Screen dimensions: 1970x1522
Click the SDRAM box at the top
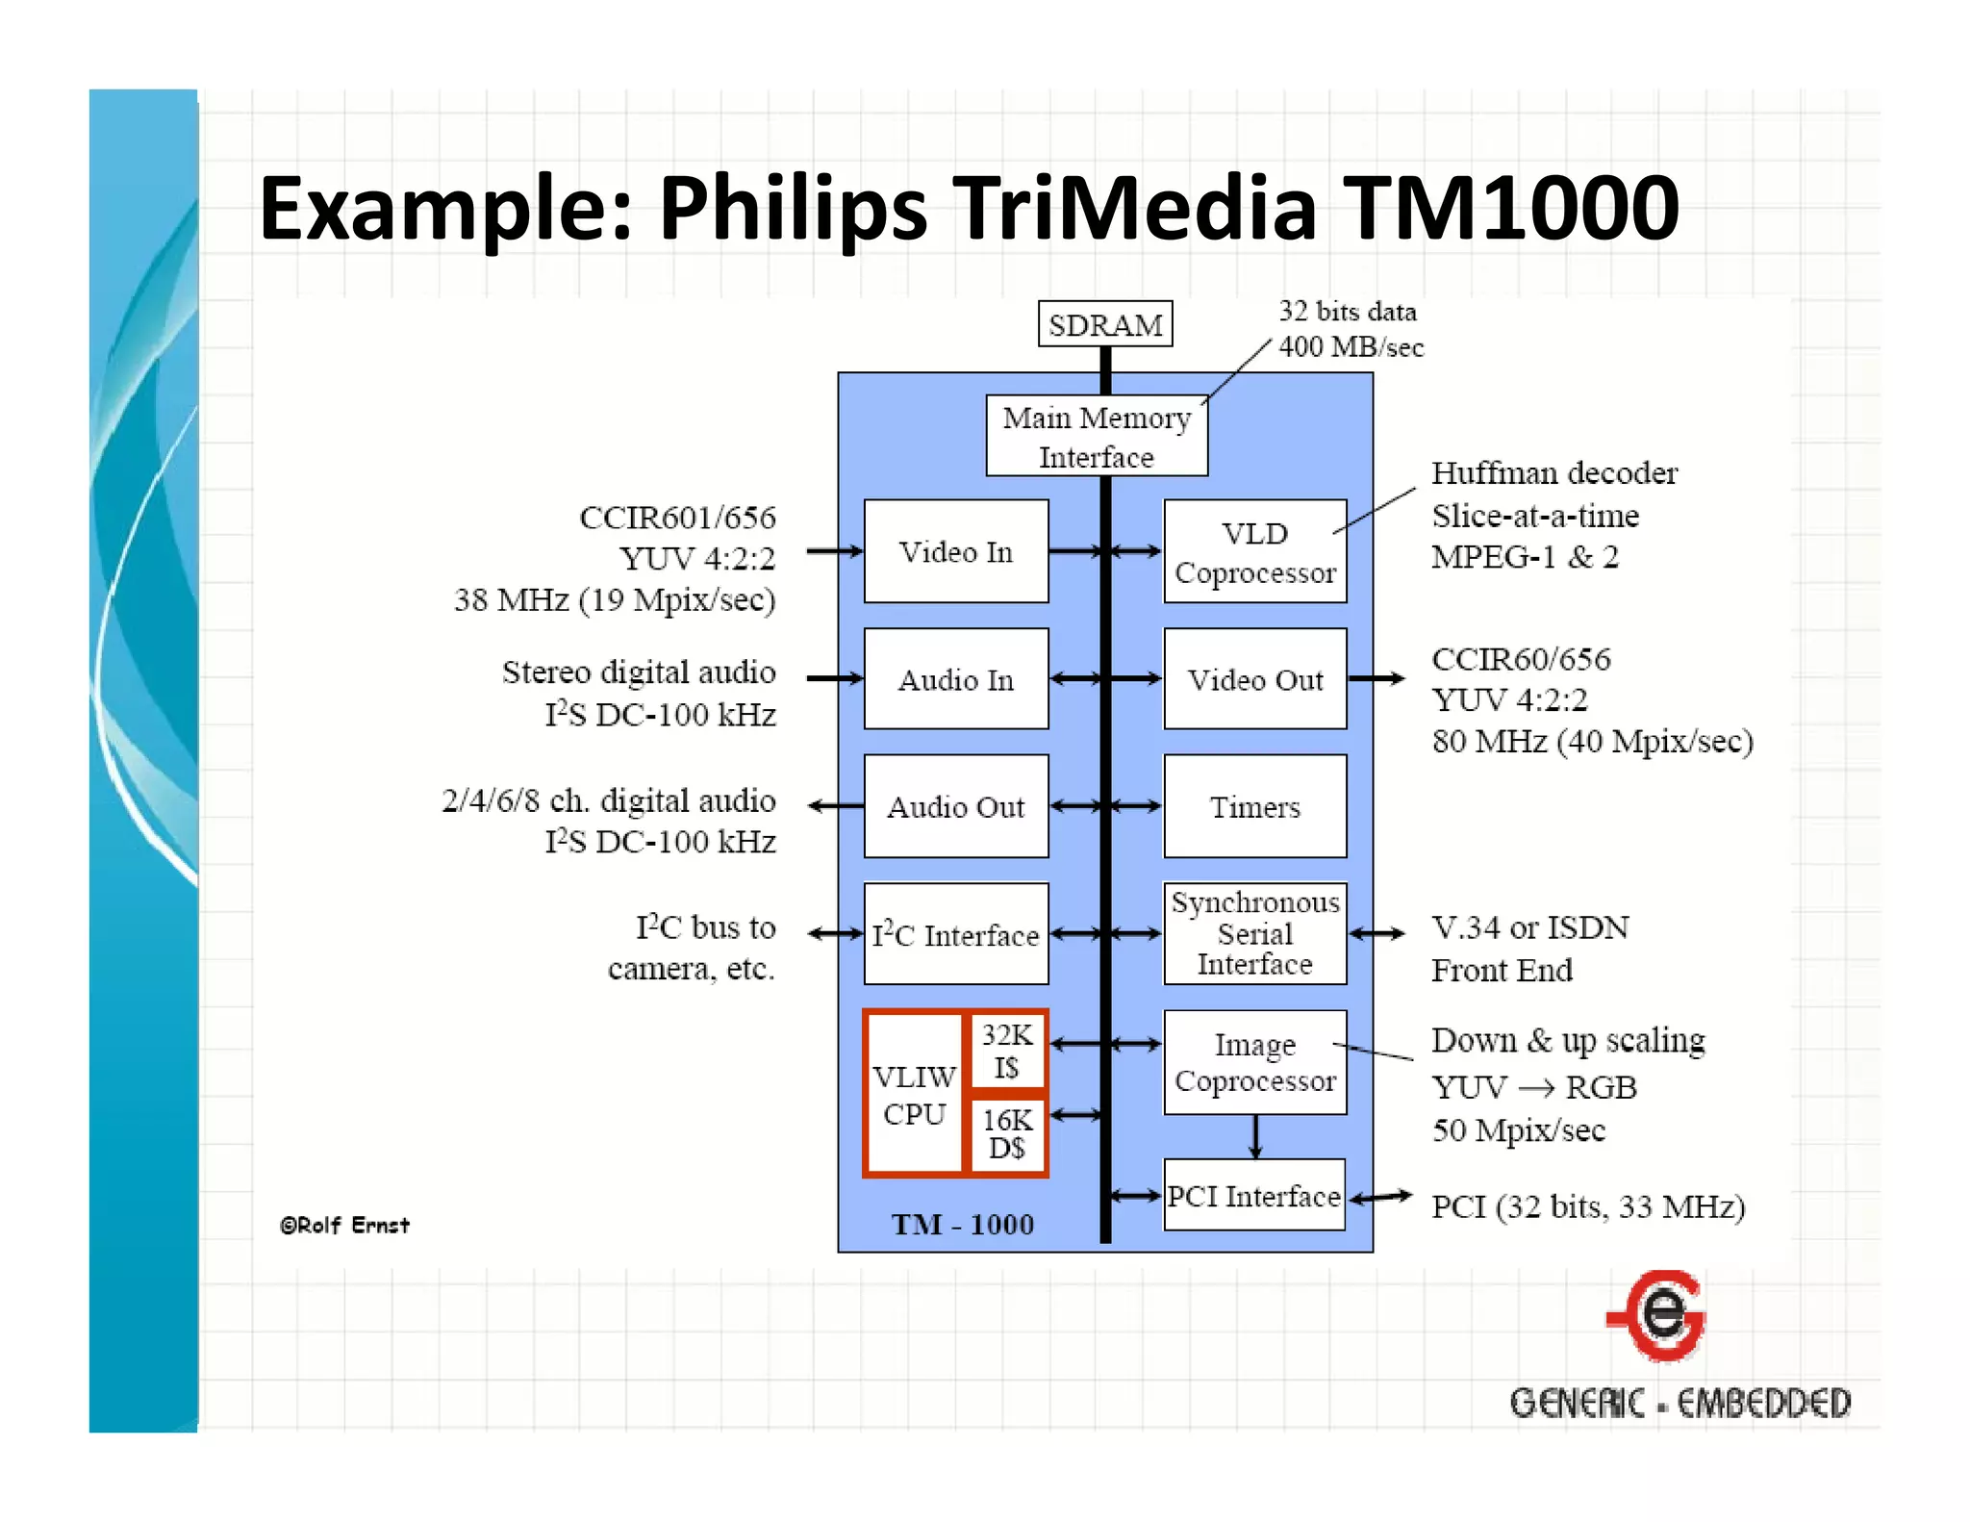click(x=1104, y=324)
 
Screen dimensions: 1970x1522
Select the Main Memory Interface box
click(x=1096, y=436)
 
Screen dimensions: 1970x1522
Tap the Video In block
click(x=955, y=551)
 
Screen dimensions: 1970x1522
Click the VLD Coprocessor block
click(x=1254, y=551)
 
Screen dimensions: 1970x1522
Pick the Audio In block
click(x=955, y=679)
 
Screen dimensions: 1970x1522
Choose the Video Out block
click(x=1254, y=679)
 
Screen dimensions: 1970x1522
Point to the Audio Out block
click(x=955, y=806)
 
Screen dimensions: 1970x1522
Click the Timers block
click(x=1254, y=806)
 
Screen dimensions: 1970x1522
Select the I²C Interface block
click(x=955, y=934)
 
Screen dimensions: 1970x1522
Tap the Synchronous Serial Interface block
click(x=1254, y=933)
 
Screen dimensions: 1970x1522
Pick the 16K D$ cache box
click(x=1006, y=1133)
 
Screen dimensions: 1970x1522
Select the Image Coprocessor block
click(x=1254, y=1062)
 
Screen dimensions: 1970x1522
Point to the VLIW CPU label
click(x=914, y=1095)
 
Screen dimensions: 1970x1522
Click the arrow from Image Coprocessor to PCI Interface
click(x=1254, y=1137)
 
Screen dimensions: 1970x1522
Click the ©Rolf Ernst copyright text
click(x=344, y=1225)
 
